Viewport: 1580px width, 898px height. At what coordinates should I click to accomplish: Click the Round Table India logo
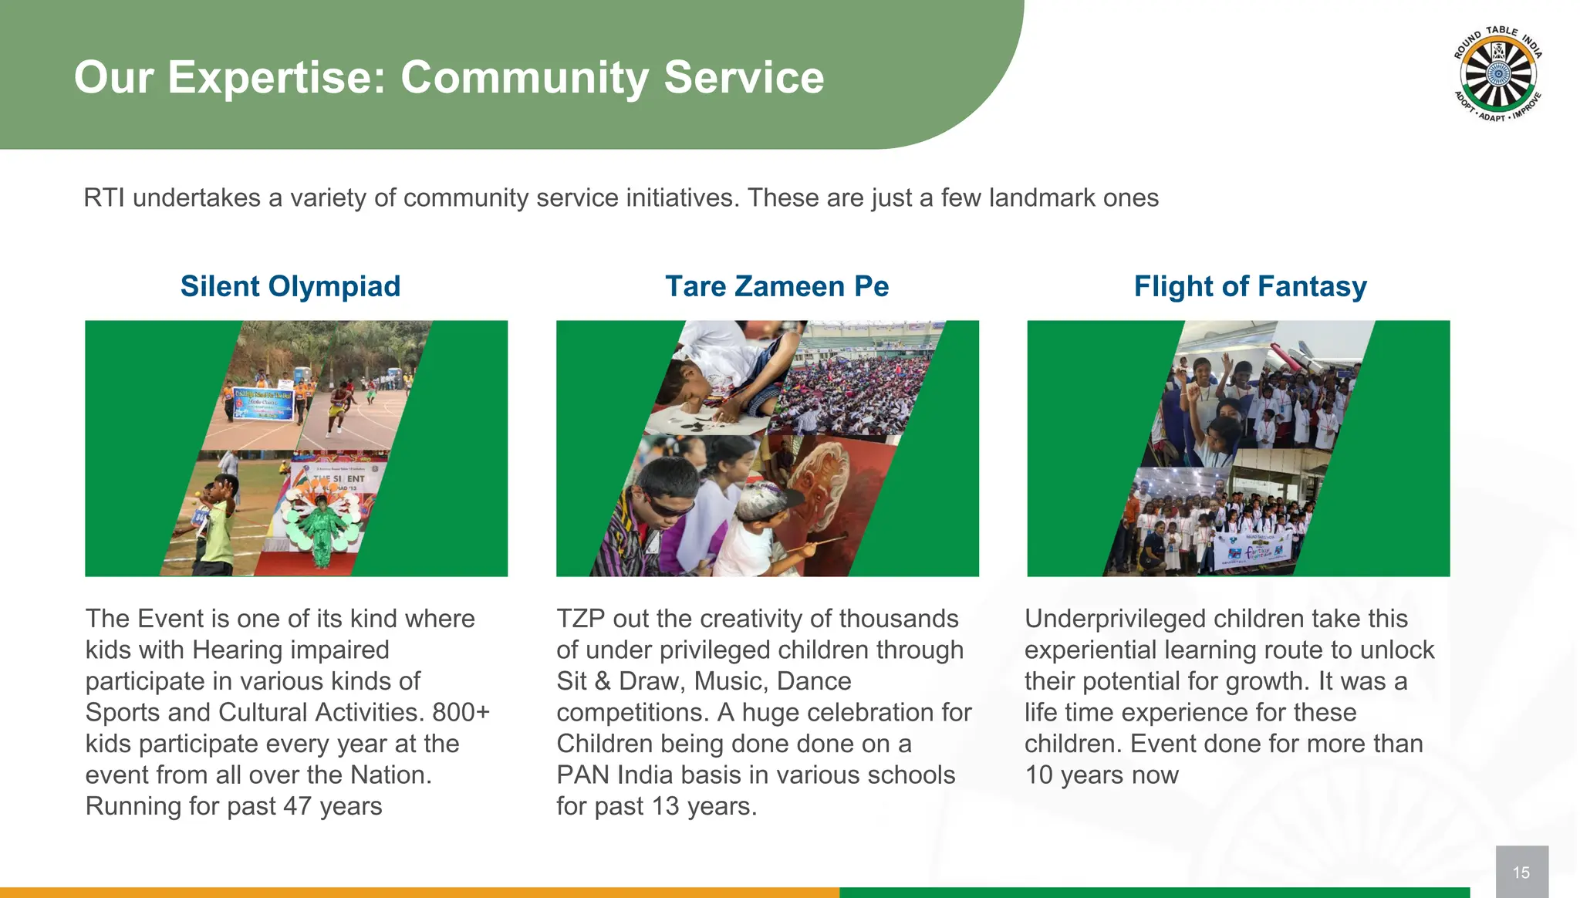[x=1497, y=75]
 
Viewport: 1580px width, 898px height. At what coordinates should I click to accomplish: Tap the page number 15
[x=1521, y=873]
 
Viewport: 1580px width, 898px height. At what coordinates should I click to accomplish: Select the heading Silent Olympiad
[x=290, y=286]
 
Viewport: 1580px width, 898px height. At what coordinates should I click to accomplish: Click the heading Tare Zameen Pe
[x=777, y=286]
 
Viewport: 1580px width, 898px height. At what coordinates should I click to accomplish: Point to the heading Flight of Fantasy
[x=1250, y=286]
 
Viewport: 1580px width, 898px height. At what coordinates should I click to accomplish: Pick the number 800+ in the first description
[x=461, y=712]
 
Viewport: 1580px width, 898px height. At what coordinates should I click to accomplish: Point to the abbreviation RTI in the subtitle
[x=105, y=198]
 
